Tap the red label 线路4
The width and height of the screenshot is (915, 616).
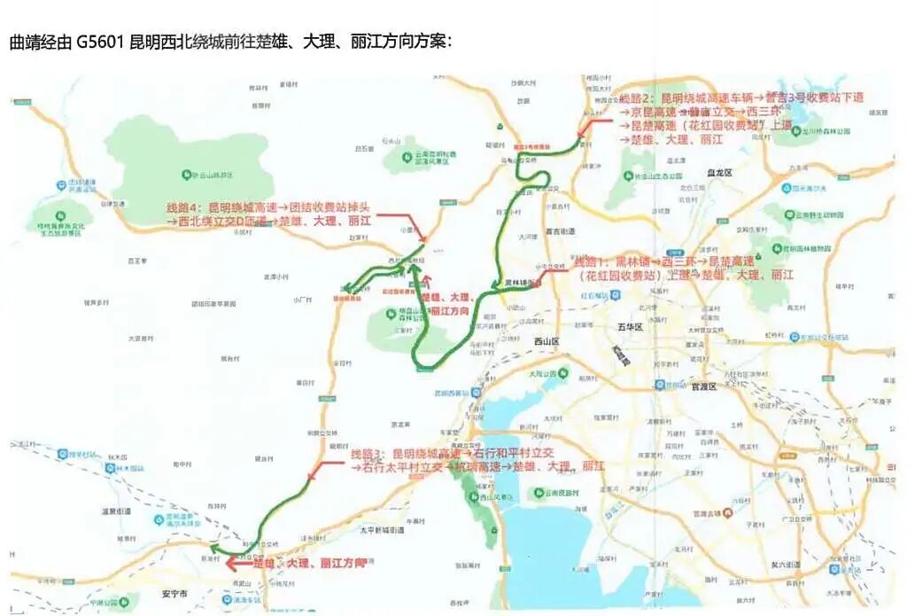click(182, 207)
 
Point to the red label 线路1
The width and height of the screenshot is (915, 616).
click(591, 263)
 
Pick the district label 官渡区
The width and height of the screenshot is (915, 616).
click(705, 386)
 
